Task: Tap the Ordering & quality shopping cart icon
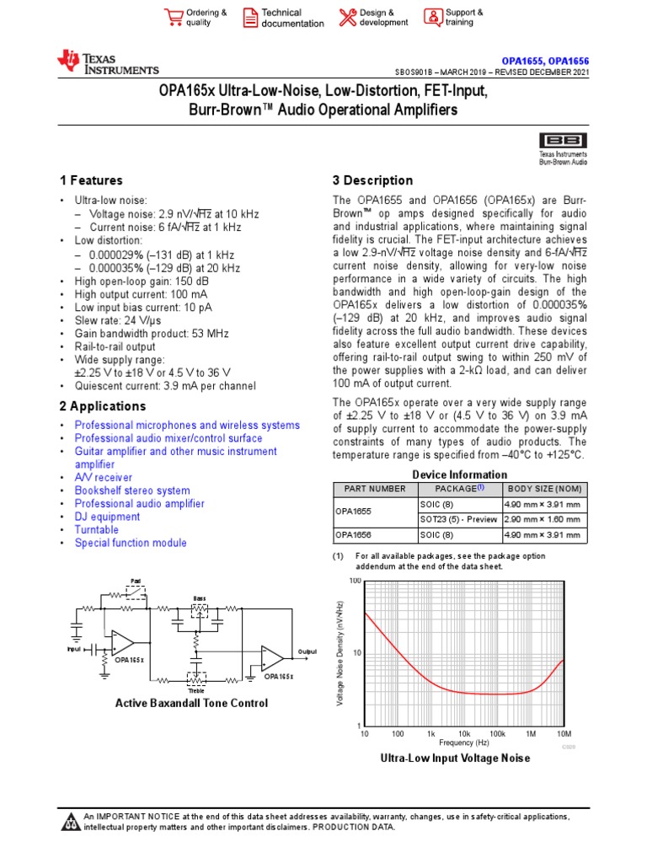[174, 17]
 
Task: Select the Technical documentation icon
[250, 17]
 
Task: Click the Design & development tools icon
[347, 17]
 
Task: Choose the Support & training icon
[432, 17]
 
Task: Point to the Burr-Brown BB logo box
[564, 140]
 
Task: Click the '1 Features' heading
[91, 180]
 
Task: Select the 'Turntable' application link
[96, 530]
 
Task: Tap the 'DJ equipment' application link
[107, 517]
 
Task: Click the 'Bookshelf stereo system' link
[132, 490]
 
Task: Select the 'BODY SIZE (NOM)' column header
[544, 490]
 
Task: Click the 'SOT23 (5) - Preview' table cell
[458, 519]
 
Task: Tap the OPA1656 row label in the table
[354, 534]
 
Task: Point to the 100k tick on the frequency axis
[497, 734]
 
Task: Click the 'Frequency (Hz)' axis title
[464, 742]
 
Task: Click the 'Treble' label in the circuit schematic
[196, 691]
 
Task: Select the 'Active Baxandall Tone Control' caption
[191, 703]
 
